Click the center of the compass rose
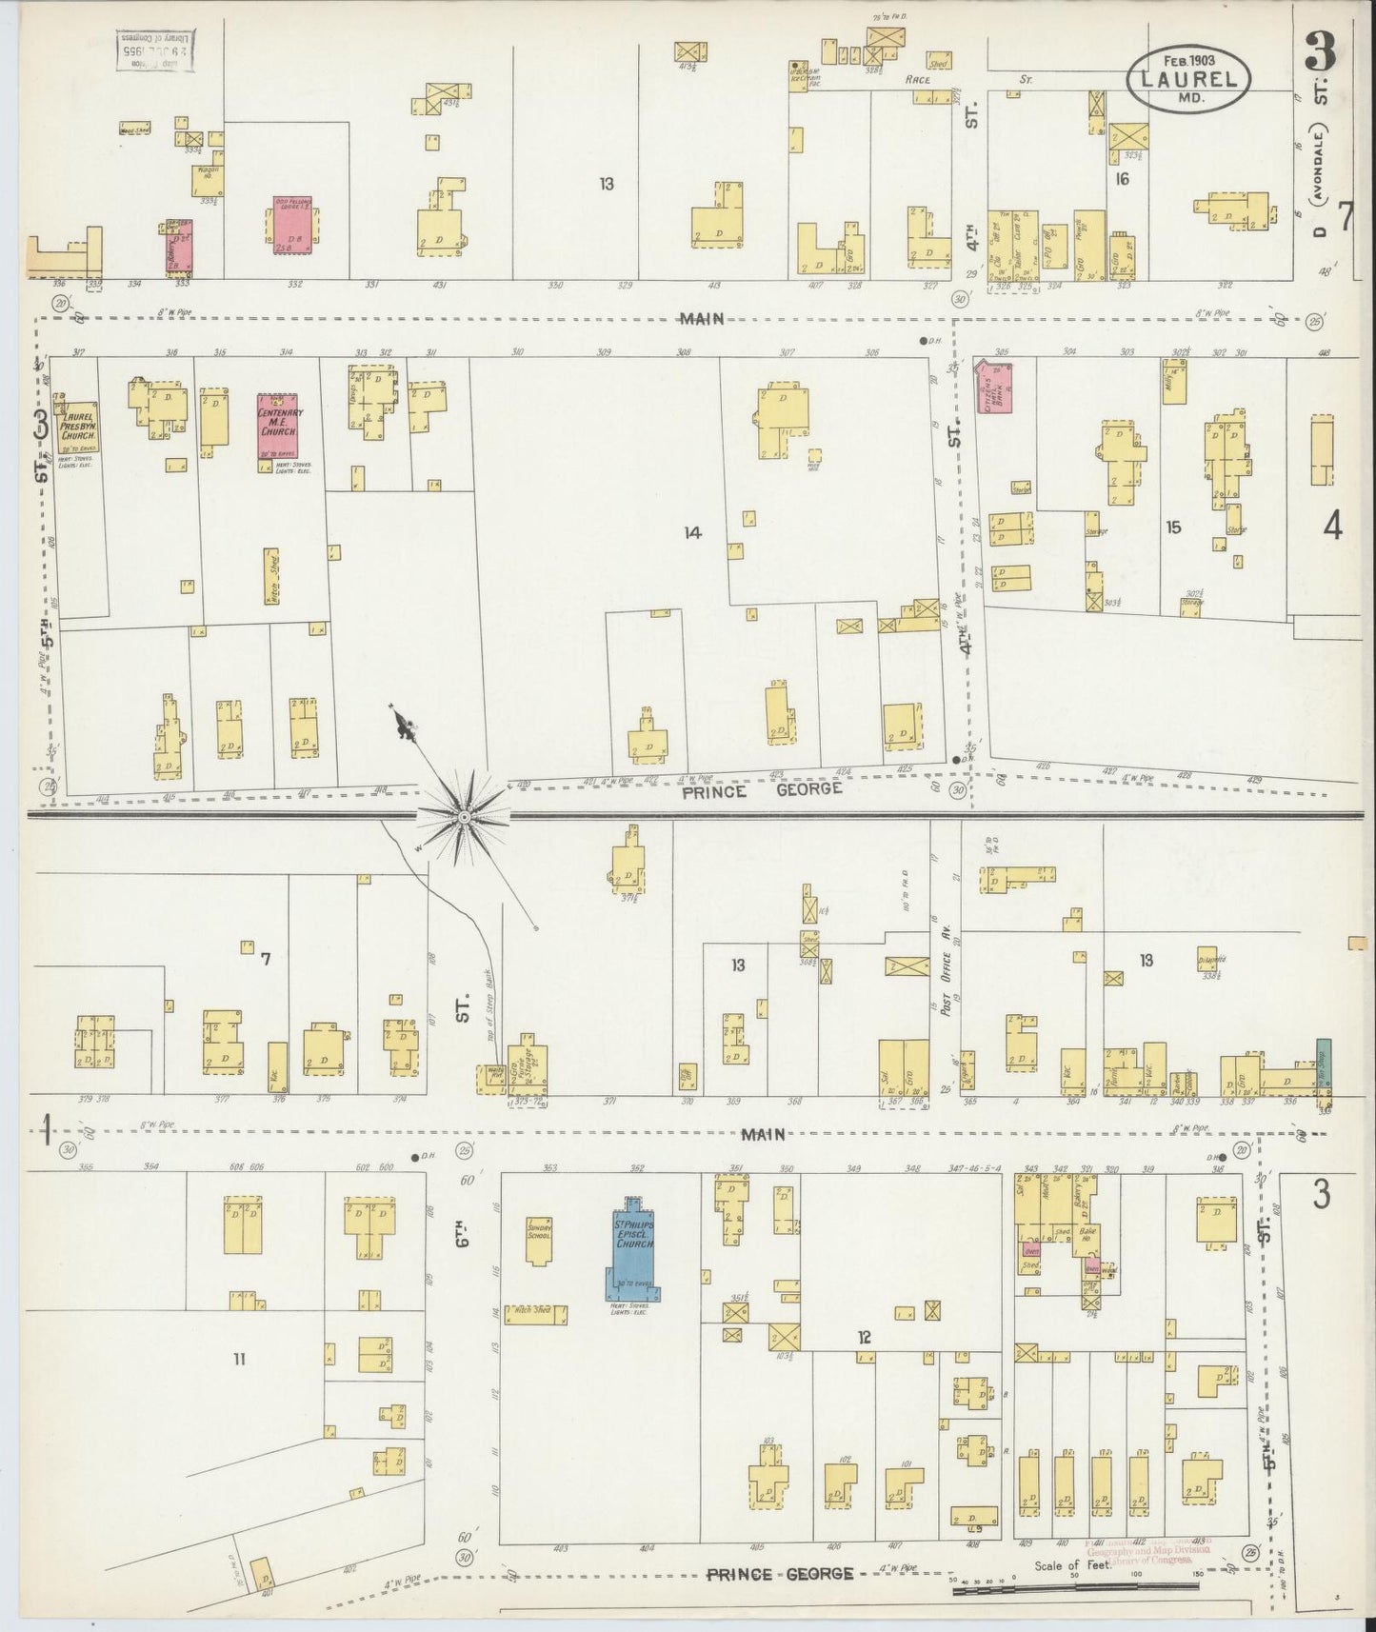(463, 817)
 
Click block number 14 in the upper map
(692, 533)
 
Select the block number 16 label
(1122, 178)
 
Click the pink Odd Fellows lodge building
(289, 227)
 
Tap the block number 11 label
(239, 1359)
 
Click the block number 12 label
(863, 1338)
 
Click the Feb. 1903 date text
(1183, 59)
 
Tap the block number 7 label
(266, 959)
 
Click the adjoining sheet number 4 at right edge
(1332, 525)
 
